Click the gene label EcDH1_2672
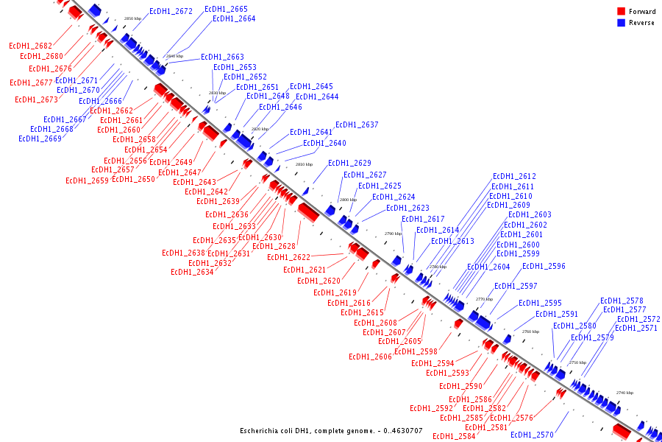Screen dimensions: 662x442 171,12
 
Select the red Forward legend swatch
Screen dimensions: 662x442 621,11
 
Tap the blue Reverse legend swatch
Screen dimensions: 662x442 621,23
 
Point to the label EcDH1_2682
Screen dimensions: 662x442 31,46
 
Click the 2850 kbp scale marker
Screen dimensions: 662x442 132,18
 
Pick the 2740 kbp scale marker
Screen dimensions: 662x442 624,393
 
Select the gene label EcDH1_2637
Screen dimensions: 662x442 357,125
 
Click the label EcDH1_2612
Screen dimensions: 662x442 514,177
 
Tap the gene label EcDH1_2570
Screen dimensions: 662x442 532,435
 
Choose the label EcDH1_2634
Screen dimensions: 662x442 192,273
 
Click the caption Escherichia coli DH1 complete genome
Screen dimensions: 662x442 331,431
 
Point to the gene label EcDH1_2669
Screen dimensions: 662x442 40,138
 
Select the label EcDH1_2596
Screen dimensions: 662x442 544,267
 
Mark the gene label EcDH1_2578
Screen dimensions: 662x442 622,301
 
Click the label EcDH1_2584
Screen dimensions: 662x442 454,437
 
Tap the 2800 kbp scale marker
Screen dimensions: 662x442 348,200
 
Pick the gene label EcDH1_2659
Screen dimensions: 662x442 87,181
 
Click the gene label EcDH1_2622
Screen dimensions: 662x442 288,258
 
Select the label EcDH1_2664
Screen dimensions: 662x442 234,19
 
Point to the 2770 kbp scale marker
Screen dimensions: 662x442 484,299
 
